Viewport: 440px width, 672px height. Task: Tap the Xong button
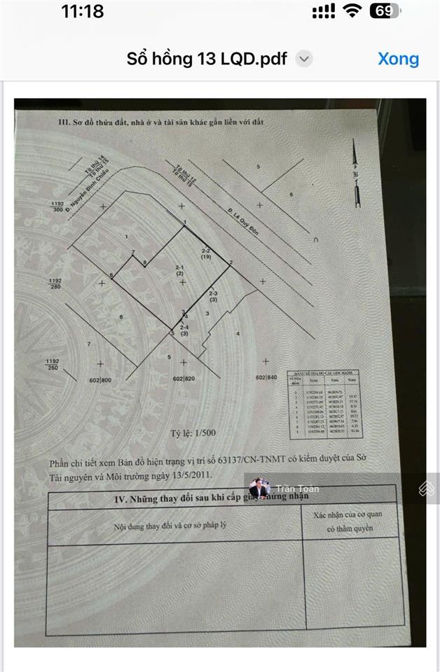(x=398, y=59)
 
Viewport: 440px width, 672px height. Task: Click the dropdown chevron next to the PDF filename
(x=303, y=59)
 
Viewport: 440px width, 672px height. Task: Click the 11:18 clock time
(x=82, y=11)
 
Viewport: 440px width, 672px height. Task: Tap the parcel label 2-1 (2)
(x=179, y=271)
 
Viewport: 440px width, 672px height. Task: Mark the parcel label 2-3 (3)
(x=214, y=296)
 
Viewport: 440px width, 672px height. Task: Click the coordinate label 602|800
(x=101, y=379)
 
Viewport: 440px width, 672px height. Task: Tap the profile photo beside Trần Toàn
(x=259, y=488)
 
